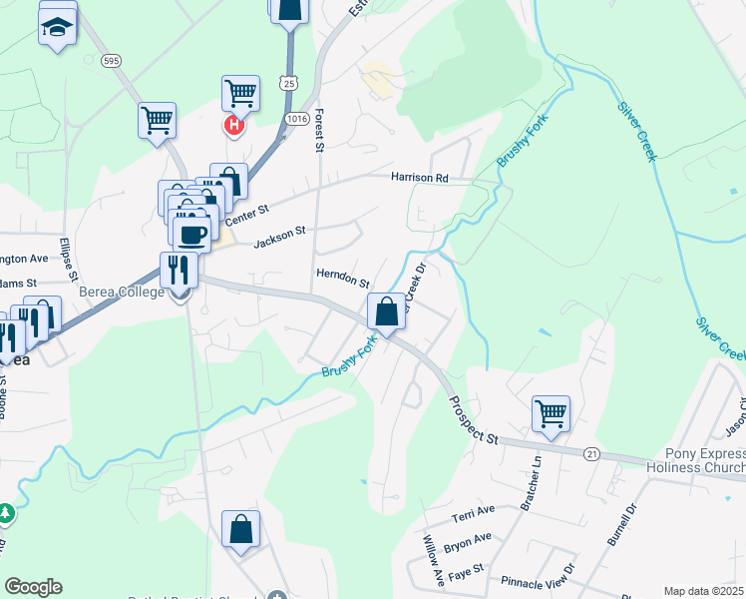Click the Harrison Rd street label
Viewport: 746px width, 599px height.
pos(420,178)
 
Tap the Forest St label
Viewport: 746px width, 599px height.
pos(320,131)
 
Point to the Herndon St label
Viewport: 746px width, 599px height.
pos(343,278)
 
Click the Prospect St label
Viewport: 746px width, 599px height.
pos(474,420)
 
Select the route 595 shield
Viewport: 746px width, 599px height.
pos(112,61)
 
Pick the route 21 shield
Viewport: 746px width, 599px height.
pos(592,453)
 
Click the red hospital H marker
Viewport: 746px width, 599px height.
pos(234,126)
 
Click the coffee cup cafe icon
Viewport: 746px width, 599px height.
pos(192,233)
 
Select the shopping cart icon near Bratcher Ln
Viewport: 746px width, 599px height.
pos(550,412)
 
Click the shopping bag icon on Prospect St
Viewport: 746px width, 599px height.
pos(386,311)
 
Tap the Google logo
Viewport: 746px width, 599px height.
pos(33,587)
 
